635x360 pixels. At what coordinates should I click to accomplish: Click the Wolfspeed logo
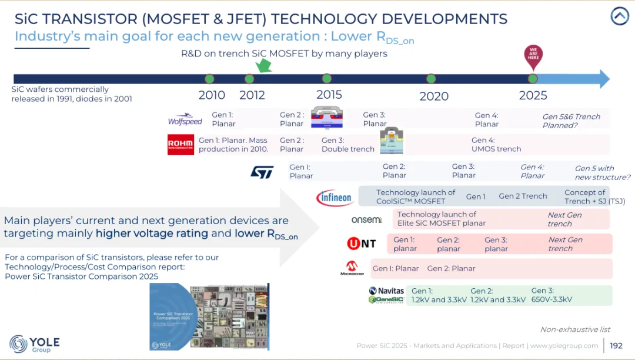[x=185, y=119]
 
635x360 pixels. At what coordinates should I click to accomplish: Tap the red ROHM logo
[x=181, y=144]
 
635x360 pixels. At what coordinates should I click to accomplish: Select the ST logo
[x=262, y=172]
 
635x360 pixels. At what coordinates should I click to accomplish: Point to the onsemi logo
[x=366, y=219]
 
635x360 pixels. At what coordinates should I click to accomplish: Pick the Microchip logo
[x=352, y=268]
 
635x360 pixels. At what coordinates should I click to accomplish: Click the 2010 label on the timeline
[x=212, y=95]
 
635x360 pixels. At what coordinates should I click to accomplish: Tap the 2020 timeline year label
[x=434, y=96]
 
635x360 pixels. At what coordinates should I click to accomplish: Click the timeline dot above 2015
[x=327, y=79]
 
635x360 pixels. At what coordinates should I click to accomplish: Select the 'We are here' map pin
[x=533, y=56]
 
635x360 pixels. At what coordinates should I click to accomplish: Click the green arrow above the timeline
[x=263, y=66]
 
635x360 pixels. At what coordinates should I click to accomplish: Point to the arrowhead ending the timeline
[x=604, y=79]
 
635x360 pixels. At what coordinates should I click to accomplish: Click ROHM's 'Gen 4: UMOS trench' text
[x=496, y=145]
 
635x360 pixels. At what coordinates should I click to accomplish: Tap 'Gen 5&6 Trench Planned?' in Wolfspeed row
[x=571, y=121]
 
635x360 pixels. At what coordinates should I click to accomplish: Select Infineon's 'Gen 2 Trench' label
[x=523, y=196]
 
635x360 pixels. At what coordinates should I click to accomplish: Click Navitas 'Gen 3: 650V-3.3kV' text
[x=552, y=295]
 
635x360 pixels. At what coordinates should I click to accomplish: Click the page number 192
[x=616, y=346]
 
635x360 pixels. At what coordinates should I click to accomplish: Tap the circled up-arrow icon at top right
[x=620, y=16]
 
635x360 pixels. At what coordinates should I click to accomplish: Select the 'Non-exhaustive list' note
[x=575, y=329]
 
